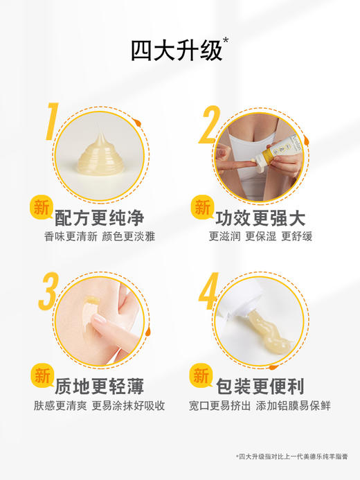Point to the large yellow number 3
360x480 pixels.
tap(48, 292)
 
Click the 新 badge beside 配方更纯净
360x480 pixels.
tap(42, 207)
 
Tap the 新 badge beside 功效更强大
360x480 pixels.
tap(201, 207)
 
